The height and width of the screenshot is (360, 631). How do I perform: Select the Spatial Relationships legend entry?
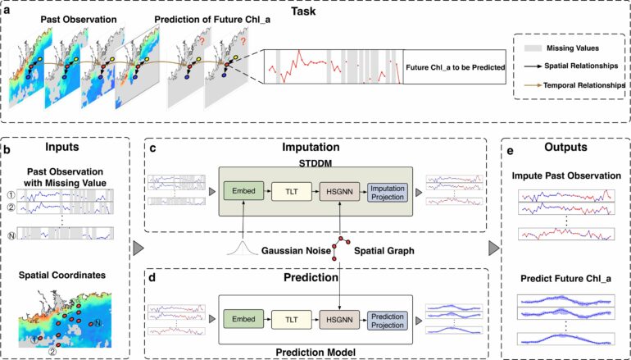click(578, 66)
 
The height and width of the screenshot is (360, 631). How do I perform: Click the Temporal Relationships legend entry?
click(581, 84)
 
